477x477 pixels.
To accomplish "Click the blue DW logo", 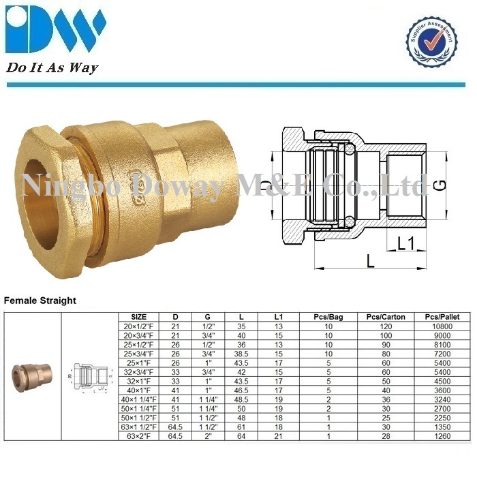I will [55, 29].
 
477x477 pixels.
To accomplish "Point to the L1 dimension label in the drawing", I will [406, 242].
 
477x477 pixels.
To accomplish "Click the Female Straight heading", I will [40, 300].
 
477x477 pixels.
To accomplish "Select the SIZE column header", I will [139, 318].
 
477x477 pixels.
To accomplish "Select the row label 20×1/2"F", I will [139, 326].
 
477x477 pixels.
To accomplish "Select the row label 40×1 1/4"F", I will [139, 397].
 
